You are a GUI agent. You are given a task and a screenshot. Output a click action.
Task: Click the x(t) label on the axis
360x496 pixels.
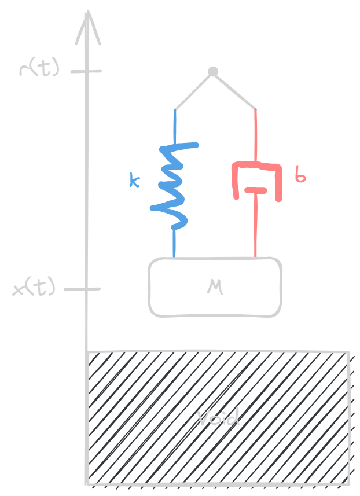pyautogui.click(x=34, y=288)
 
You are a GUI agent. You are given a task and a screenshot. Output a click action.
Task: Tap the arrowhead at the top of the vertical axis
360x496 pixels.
pyautogui.click(x=87, y=26)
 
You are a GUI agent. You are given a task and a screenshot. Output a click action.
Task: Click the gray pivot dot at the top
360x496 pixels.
pyautogui.click(x=213, y=72)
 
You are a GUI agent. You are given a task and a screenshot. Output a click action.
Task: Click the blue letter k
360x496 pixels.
pyautogui.click(x=134, y=181)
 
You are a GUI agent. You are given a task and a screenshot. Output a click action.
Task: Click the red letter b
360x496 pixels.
pyautogui.click(x=300, y=175)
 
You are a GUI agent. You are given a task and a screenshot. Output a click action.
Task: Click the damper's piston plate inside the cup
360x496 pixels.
pyautogui.click(x=255, y=190)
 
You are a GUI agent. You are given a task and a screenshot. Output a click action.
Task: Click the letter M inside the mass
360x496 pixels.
pyautogui.click(x=215, y=286)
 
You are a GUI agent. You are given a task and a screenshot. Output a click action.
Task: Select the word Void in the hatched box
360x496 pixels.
pyautogui.click(x=218, y=418)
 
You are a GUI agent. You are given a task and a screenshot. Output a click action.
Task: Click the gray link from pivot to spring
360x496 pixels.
pyautogui.click(x=193, y=90)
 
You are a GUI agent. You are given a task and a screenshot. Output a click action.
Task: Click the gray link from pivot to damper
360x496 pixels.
pyautogui.click(x=234, y=90)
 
